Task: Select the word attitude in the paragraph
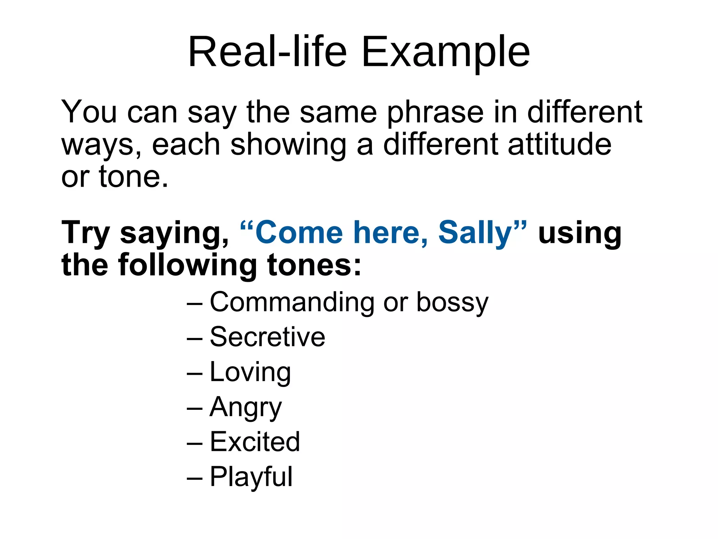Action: tap(560, 145)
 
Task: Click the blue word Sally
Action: tap(475, 233)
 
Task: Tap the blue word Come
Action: tap(299, 233)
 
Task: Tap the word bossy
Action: tap(452, 302)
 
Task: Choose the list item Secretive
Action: tap(267, 337)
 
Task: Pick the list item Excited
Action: tap(255, 442)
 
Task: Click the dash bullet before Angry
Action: tap(195, 409)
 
